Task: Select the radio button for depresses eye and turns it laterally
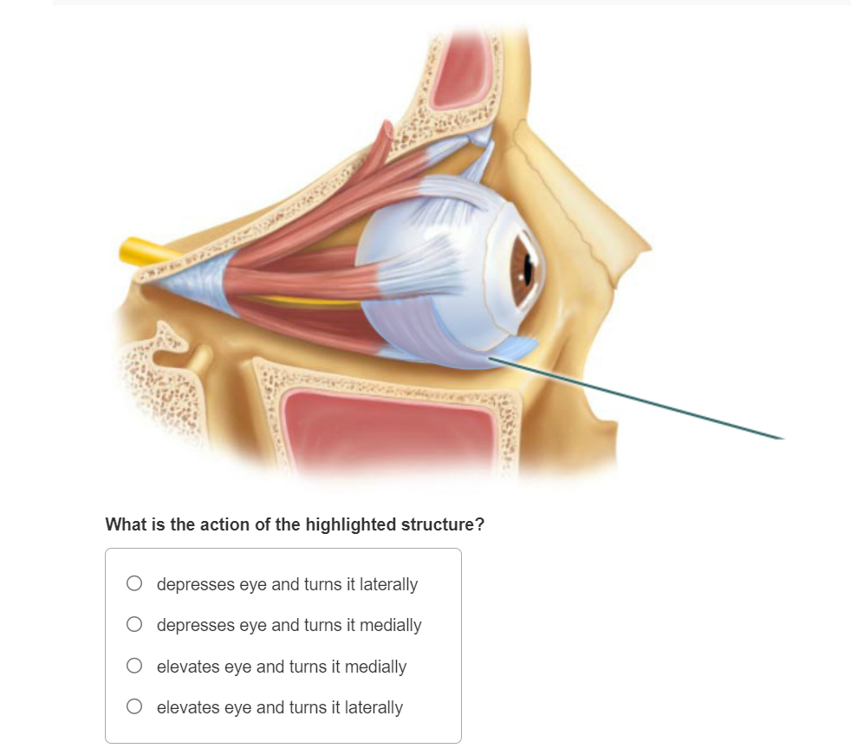click(133, 583)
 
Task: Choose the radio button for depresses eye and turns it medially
click(133, 624)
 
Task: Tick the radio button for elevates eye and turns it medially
click(133, 666)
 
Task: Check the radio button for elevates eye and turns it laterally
click(133, 706)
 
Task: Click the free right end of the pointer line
click(783, 439)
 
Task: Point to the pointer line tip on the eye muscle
click(490, 357)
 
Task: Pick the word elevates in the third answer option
click(188, 667)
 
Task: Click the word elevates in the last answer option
click(188, 707)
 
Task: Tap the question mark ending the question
click(479, 525)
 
